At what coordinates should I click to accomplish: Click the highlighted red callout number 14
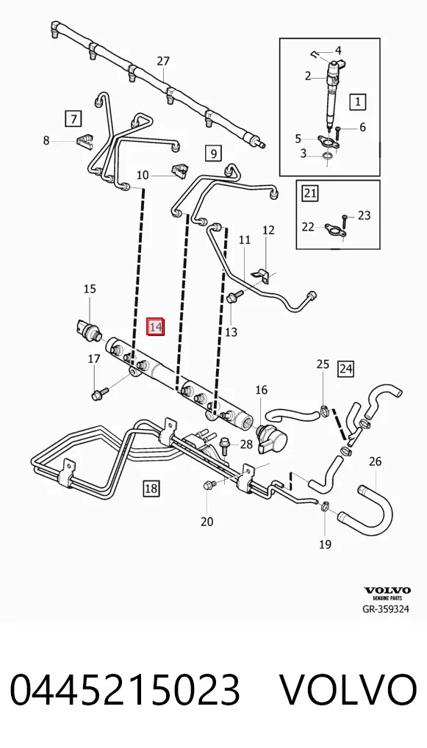tap(156, 327)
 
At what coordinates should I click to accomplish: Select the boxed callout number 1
tap(358, 101)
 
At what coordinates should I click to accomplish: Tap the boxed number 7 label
tap(73, 118)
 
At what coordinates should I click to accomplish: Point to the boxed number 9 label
tap(213, 153)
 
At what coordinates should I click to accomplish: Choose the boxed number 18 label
tap(151, 488)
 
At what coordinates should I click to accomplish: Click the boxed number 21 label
tap(310, 193)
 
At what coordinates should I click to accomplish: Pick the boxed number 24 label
tap(346, 368)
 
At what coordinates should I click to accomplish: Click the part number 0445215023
tap(125, 690)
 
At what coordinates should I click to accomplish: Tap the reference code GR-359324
tap(386, 608)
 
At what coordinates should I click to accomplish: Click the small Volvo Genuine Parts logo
tap(387, 594)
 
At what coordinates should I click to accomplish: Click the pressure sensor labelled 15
tap(87, 329)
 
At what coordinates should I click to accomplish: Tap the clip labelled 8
tap(84, 141)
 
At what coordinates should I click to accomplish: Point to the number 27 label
tap(163, 61)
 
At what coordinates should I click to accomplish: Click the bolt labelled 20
tap(210, 485)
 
